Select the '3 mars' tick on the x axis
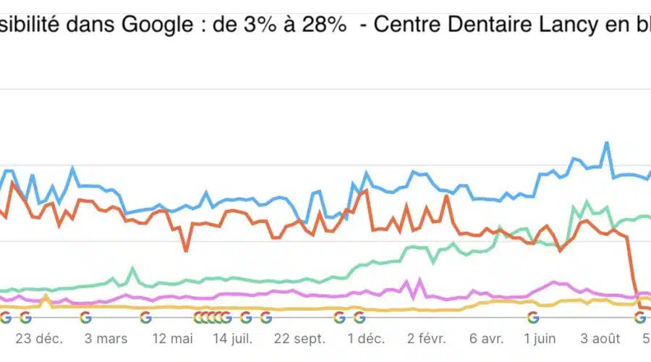coord(106,338)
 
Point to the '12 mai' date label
coord(173,338)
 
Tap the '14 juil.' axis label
coord(232,338)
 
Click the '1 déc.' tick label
coord(365,338)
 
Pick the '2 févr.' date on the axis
coord(427,338)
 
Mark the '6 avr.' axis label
coord(486,338)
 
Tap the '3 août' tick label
coord(601,338)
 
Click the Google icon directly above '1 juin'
coord(533,317)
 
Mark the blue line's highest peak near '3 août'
coord(606,143)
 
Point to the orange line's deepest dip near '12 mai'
coord(186,251)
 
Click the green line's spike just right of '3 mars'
coord(132,269)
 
